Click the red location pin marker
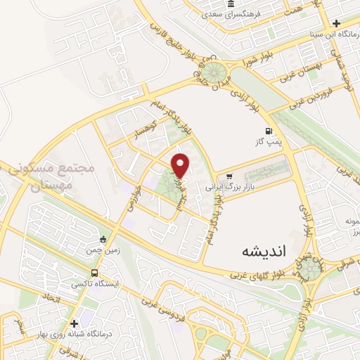[x=181, y=165]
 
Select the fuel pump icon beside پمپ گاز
[x=268, y=131]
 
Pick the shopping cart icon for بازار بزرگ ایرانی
[x=229, y=176]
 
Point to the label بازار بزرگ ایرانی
[x=229, y=188]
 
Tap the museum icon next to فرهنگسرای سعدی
[x=231, y=5]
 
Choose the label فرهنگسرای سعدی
[x=231, y=14]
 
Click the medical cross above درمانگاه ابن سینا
[x=336, y=24]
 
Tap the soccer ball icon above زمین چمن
[x=103, y=239]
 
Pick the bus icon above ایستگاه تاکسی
[x=94, y=274]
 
